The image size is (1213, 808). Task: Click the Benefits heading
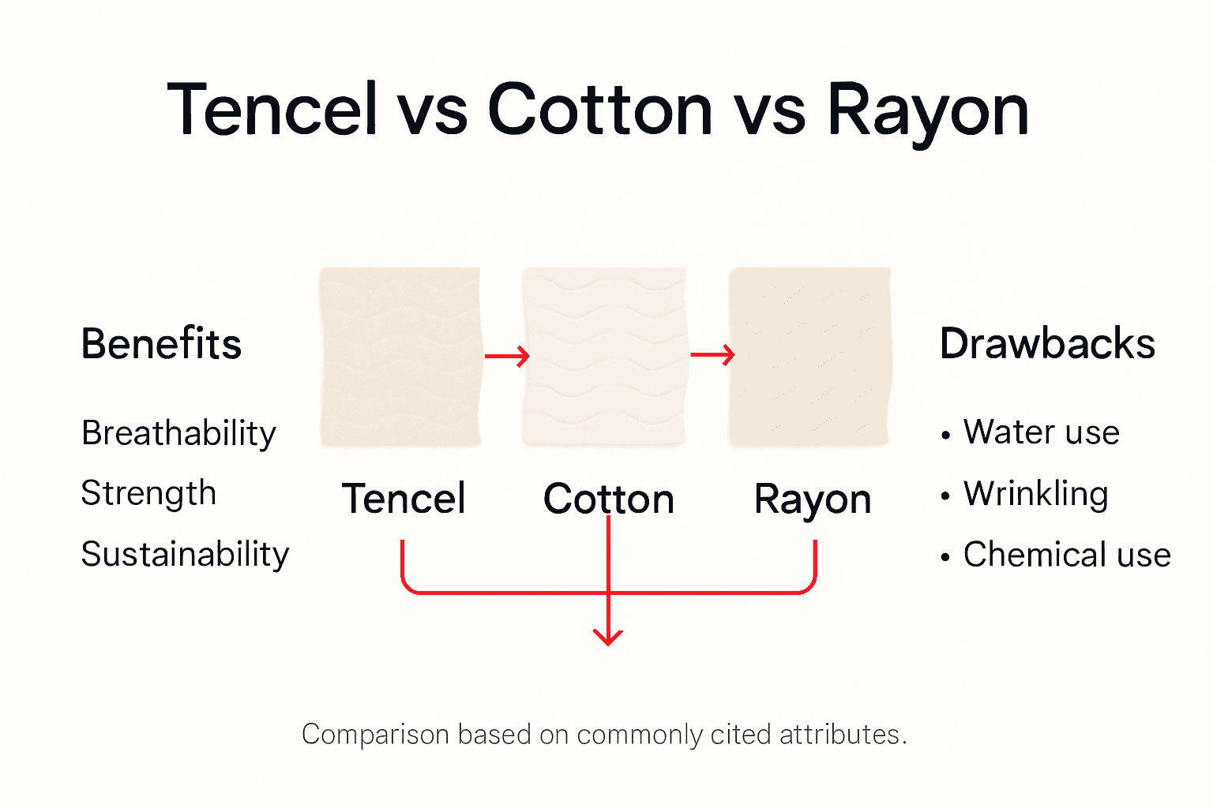point(161,344)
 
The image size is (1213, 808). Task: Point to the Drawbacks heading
point(1047,344)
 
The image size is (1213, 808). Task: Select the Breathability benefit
point(179,433)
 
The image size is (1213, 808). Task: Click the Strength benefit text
point(148,494)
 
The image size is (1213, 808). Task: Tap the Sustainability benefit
point(185,554)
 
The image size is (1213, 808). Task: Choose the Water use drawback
point(1041,432)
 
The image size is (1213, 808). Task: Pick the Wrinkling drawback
point(1035,494)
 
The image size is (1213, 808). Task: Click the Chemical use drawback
point(1066,555)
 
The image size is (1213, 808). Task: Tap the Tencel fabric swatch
point(400,357)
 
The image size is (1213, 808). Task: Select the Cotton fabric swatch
point(604,357)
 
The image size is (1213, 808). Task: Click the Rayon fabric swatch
point(809,357)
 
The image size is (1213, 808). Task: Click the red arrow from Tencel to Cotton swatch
point(506,357)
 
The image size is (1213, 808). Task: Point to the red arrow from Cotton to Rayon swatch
point(712,355)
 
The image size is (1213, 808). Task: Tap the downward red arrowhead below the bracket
point(608,636)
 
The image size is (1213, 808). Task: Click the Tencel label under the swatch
point(404,499)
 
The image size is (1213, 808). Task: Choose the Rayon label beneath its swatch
point(813,499)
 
